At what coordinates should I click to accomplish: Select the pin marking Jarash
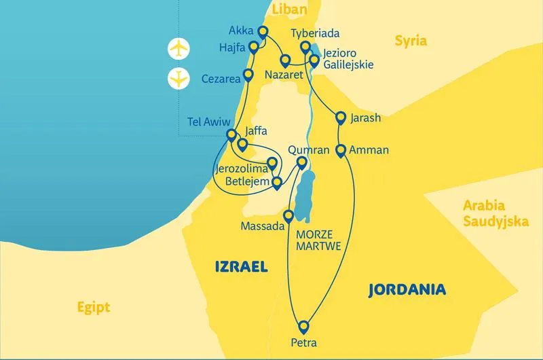click(341, 118)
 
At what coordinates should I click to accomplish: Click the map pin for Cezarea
click(248, 75)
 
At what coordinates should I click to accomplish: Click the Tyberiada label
click(314, 33)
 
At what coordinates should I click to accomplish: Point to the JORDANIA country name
click(407, 290)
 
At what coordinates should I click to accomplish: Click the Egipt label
click(94, 307)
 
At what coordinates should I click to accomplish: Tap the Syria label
click(411, 41)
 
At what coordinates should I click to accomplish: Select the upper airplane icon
click(179, 49)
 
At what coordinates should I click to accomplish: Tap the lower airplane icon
click(179, 78)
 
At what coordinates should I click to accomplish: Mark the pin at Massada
click(288, 217)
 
